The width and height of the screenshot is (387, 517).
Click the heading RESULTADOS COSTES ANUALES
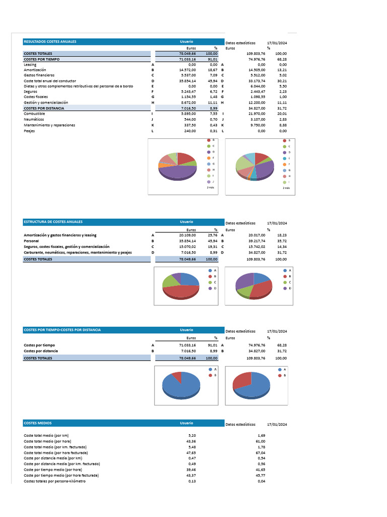[50, 41]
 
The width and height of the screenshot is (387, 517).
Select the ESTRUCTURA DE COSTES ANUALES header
[53, 222]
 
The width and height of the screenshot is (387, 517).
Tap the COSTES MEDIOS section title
[37, 423]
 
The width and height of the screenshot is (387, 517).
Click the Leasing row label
[30, 65]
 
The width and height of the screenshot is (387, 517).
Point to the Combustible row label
[34, 114]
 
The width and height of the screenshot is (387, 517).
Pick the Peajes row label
[29, 131]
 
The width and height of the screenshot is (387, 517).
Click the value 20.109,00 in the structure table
[187, 235]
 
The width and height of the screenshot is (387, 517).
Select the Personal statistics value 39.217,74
[257, 241]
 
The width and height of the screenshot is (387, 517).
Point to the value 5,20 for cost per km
[191, 435]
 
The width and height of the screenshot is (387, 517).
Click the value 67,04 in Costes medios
[261, 452]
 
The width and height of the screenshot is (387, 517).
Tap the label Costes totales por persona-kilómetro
[54, 481]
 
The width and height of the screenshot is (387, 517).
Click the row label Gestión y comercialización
[46, 102]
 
